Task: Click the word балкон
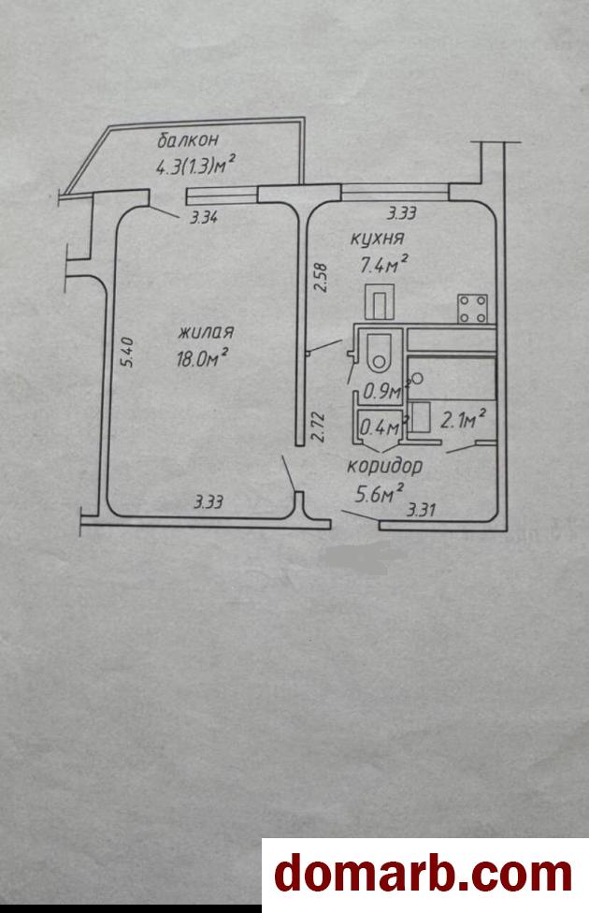pos(188,140)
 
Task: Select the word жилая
pos(206,332)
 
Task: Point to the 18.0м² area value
pos(202,358)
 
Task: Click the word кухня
pos(377,239)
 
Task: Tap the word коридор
pos(384,467)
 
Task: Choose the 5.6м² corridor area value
pos(380,494)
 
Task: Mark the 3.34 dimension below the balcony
pos(205,218)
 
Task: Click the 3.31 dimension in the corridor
pos(421,511)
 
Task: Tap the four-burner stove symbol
pos(472,309)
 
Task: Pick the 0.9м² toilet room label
pos(384,391)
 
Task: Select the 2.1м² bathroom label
pos(464,418)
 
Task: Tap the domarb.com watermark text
pos(424,874)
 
